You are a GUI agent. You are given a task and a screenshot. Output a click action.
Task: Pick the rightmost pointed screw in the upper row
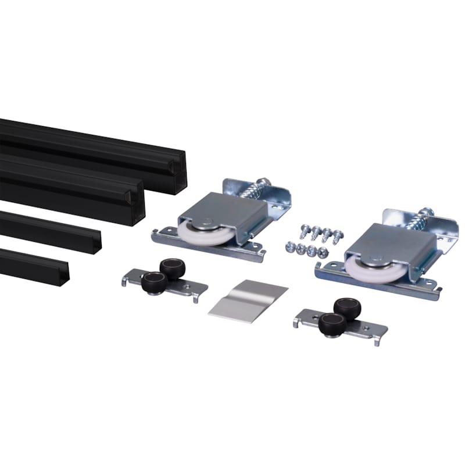tap(338, 234)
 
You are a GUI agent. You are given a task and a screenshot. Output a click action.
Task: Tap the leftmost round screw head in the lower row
tap(289, 246)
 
